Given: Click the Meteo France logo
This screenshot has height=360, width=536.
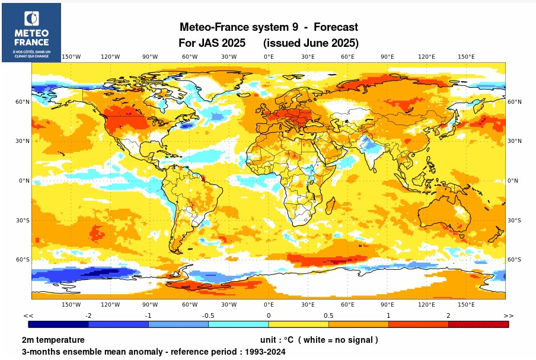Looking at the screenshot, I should (31, 33).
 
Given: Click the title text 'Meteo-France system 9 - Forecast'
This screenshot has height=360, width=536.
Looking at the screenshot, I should (269, 27).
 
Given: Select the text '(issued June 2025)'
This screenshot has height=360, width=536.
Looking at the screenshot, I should (311, 43).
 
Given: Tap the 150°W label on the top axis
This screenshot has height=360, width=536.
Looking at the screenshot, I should (71, 57).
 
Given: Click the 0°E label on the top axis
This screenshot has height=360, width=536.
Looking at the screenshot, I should (269, 57).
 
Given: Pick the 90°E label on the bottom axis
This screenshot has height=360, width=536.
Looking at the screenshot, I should (387, 305).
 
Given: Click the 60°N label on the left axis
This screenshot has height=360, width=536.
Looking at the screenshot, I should (23, 102).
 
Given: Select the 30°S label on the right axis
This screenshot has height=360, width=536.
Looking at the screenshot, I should (514, 221).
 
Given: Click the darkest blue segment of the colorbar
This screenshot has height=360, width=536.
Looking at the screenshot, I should (58, 324).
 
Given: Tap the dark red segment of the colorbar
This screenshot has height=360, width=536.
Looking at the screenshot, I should (478, 324).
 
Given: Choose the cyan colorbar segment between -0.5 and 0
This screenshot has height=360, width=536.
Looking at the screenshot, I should (238, 324).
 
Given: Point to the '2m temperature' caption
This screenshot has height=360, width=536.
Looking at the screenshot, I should (53, 340).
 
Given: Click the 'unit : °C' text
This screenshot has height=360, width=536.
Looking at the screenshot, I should (277, 340).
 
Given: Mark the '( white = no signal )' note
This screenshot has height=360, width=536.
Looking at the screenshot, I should (338, 340).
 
